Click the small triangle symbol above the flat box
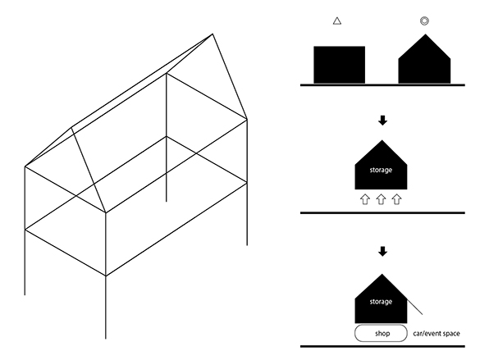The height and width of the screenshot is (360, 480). [337, 21]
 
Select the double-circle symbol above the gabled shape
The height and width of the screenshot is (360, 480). [424, 21]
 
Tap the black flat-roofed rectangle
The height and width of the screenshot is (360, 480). [339, 65]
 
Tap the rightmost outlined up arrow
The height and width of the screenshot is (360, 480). [397, 199]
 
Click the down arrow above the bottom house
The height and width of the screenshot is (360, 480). [382, 252]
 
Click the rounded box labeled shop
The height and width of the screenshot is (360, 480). [381, 334]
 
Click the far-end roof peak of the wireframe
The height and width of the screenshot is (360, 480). [213, 34]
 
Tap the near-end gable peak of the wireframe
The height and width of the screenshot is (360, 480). [72, 128]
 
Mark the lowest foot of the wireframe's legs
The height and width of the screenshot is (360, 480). [106, 338]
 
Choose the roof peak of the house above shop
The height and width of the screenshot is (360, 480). [382, 274]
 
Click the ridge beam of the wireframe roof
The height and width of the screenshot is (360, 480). [143, 81]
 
